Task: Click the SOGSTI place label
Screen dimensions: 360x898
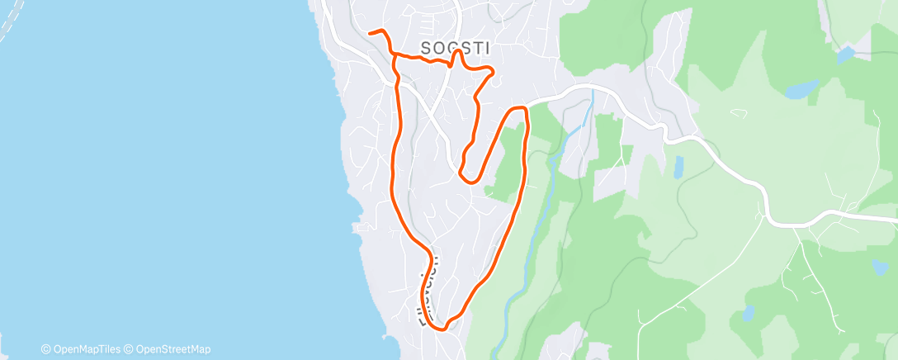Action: tap(455, 49)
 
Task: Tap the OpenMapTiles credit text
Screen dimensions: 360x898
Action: tap(82, 349)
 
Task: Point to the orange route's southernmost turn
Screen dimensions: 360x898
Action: tap(444, 328)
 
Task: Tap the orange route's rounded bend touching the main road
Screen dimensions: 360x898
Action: tap(519, 109)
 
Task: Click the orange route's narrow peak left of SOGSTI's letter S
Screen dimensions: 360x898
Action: tap(456, 52)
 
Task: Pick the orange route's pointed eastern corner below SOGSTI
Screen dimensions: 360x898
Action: tap(493, 73)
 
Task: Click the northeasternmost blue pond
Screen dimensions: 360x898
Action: tap(846, 55)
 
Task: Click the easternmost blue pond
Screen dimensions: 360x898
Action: tap(880, 267)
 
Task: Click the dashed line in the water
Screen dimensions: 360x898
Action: tap(10, 25)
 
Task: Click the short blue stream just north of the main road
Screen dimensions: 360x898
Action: tap(588, 111)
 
